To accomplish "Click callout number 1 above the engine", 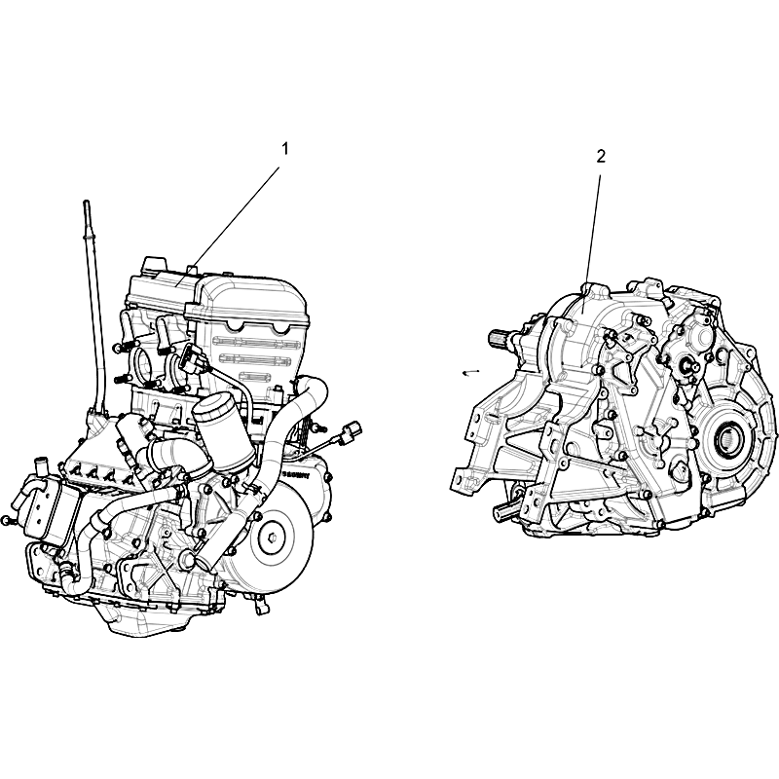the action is click(285, 149).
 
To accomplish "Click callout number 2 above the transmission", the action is click(601, 157).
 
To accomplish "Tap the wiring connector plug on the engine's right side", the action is click(351, 429).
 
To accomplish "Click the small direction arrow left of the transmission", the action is click(470, 372).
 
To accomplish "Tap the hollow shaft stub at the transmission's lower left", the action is click(505, 511).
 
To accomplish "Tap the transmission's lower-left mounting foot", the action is click(464, 483).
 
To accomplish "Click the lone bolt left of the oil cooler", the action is click(6, 520).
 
